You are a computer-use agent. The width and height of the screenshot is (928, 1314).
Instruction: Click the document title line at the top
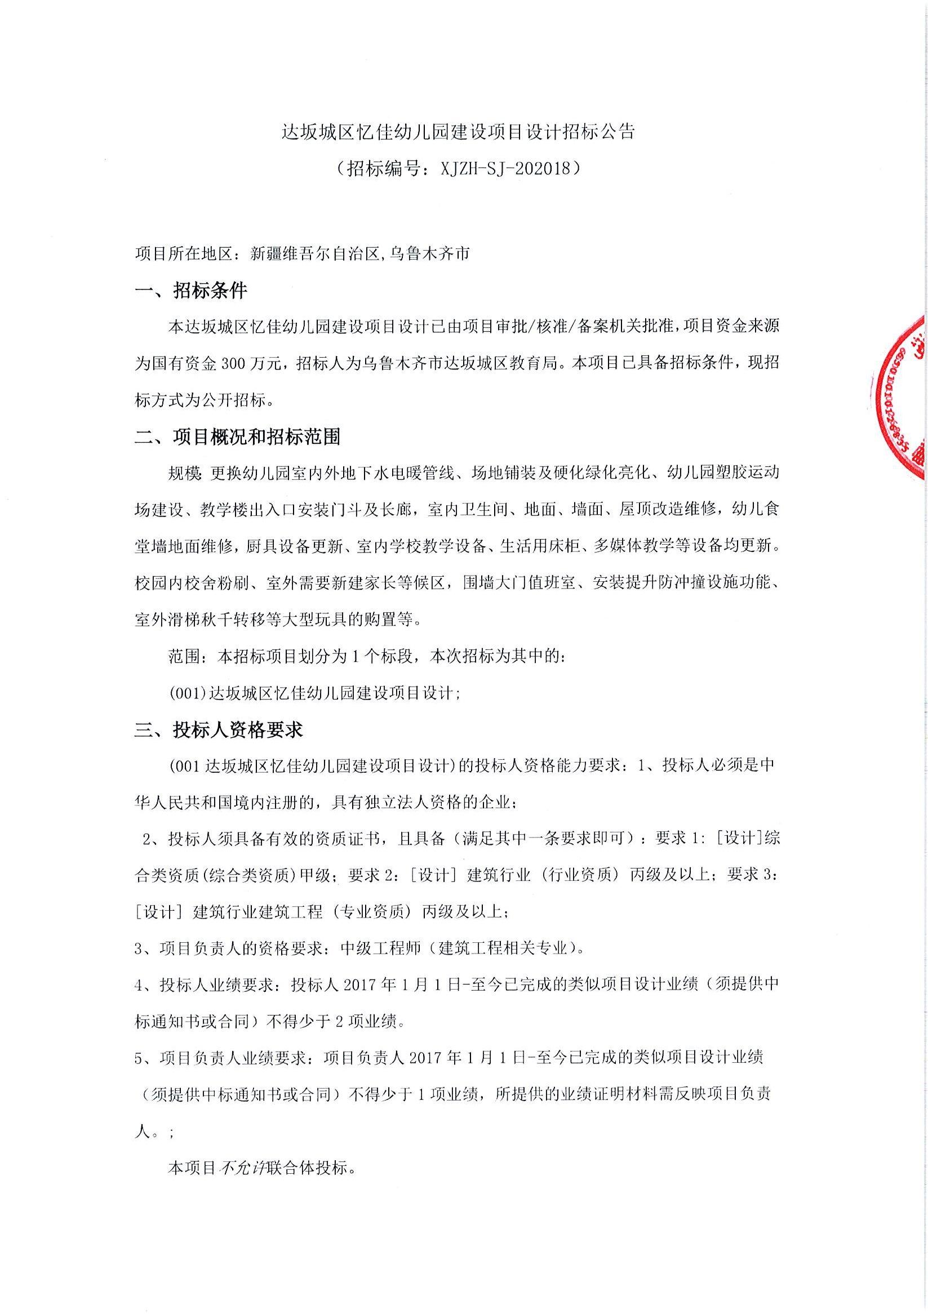click(459, 133)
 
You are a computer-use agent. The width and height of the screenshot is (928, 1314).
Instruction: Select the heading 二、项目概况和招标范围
click(237, 437)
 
